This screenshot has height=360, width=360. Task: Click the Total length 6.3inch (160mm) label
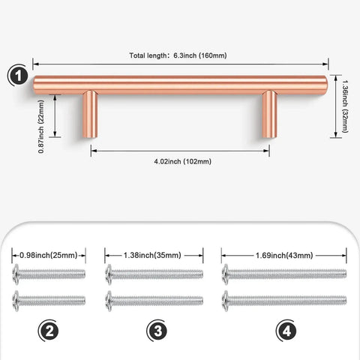point(178,55)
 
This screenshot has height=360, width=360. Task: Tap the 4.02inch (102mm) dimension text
point(183,161)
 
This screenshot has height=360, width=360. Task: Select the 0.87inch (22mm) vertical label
point(41,127)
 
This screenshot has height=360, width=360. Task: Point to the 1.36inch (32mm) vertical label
point(345,106)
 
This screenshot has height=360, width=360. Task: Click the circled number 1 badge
point(18,76)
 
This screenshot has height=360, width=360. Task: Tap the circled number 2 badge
point(49,331)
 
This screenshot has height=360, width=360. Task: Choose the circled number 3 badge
point(157,331)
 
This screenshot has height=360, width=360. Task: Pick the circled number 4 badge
point(286,331)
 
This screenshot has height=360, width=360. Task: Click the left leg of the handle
point(90,114)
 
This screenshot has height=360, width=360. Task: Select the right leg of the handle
point(269,114)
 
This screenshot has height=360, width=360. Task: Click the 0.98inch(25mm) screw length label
point(49,255)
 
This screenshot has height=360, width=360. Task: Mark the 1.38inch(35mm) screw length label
point(152,255)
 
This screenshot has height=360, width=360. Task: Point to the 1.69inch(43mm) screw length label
point(284,255)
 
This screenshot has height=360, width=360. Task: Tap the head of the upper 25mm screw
point(16,274)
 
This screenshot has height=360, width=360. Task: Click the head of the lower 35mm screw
point(109,301)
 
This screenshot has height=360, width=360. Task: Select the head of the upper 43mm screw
point(226,274)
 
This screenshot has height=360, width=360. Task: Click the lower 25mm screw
point(49,301)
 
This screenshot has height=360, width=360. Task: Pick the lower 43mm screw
point(284,301)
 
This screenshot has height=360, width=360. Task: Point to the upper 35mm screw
point(154,274)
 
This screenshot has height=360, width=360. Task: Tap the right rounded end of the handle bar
point(324,85)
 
